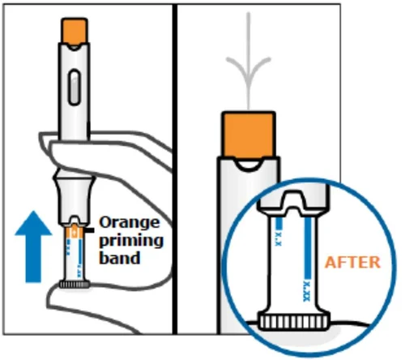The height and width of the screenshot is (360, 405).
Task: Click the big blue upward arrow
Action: tap(33, 247)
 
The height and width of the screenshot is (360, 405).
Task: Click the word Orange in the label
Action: tap(130, 223)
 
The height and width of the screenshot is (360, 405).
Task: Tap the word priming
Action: tap(131, 241)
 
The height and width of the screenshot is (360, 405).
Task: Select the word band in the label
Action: tap(120, 258)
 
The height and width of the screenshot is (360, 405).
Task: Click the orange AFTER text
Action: tap(352, 263)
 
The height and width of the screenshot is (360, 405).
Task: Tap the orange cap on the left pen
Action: tap(75, 31)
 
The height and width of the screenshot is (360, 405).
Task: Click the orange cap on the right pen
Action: tap(248, 135)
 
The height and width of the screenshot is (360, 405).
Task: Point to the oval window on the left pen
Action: tap(75, 87)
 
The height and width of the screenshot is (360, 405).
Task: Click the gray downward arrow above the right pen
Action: tap(249, 60)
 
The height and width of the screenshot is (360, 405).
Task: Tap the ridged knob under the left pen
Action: tap(75, 285)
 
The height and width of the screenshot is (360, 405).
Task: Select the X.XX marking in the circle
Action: tap(306, 292)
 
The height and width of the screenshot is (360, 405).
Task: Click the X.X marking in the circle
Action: tap(279, 238)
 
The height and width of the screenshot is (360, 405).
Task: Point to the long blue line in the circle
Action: tap(308, 248)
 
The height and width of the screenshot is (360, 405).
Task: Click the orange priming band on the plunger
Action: tap(75, 232)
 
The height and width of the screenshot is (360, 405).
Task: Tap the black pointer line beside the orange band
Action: tap(89, 230)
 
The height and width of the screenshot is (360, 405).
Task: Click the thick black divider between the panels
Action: tap(175, 169)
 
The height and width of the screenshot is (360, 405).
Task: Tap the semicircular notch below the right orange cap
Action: tap(249, 165)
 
